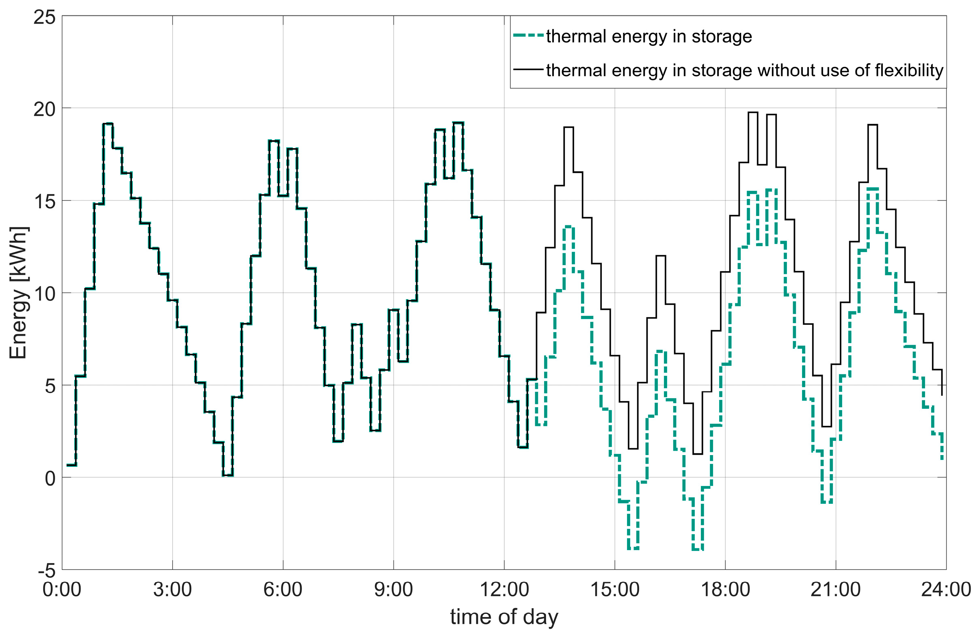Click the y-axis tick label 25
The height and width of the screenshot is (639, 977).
(x=44, y=17)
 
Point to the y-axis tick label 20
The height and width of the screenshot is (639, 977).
(x=44, y=110)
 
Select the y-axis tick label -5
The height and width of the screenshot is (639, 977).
(x=46, y=571)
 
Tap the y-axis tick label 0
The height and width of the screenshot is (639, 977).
(x=50, y=479)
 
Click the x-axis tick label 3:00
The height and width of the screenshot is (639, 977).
(x=173, y=590)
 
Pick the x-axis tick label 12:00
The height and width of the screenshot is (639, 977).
(x=504, y=590)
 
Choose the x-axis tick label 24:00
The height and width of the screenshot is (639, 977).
(x=946, y=590)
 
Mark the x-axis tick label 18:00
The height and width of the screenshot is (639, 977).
(x=725, y=590)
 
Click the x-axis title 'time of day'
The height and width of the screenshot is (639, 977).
(x=504, y=617)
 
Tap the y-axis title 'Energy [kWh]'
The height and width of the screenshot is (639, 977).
(x=18, y=293)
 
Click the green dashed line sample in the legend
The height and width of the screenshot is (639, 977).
(x=528, y=36)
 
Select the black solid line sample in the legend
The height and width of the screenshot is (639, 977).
(x=528, y=70)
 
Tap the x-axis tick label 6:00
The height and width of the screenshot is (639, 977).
(x=283, y=590)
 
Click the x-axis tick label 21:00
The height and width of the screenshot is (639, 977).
(x=836, y=590)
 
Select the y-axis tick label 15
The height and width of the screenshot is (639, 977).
(x=44, y=202)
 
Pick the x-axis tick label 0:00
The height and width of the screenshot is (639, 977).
(x=62, y=590)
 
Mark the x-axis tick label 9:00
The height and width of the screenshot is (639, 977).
(x=393, y=590)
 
